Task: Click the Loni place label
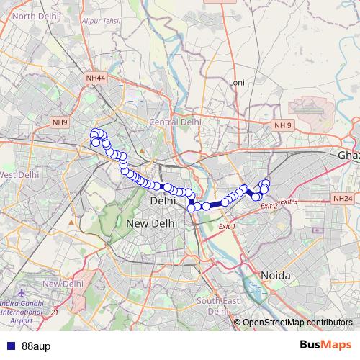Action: click(x=237, y=83)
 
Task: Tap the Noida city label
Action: click(x=274, y=276)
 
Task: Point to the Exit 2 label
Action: click(x=269, y=206)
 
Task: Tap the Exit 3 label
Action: click(x=289, y=201)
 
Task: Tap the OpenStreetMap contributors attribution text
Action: click(x=297, y=322)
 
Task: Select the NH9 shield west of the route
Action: click(x=60, y=123)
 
